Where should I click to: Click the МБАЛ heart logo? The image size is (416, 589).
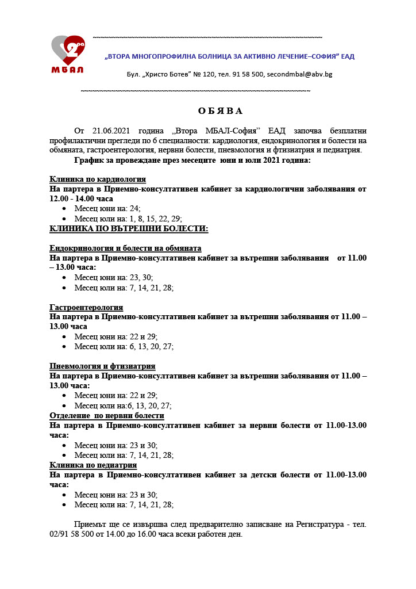pyautogui.click(x=68, y=53)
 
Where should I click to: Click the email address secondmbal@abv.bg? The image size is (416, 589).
pyautogui.click(x=299, y=74)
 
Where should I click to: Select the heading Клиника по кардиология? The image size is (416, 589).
pyautogui.click(x=98, y=179)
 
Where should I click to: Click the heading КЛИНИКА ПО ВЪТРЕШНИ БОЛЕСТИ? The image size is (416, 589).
pyautogui.click(x=129, y=228)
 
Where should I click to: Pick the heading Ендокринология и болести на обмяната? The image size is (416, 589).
pyautogui.click(x=125, y=248)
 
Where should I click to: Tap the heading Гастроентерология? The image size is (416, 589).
pyautogui.click(x=86, y=307)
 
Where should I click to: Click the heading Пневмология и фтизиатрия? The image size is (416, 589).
pyautogui.click(x=102, y=366)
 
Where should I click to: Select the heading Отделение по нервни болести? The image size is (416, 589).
pyautogui.click(x=107, y=415)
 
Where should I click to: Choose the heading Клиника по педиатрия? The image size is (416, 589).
pyautogui.click(x=93, y=465)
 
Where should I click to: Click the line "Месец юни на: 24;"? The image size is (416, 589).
pyautogui.click(x=107, y=209)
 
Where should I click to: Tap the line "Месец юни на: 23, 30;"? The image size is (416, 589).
pyautogui.click(x=114, y=277)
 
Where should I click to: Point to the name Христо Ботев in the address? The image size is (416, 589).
pyautogui.click(x=167, y=74)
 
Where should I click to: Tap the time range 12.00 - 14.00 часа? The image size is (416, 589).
pyautogui.click(x=82, y=198)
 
